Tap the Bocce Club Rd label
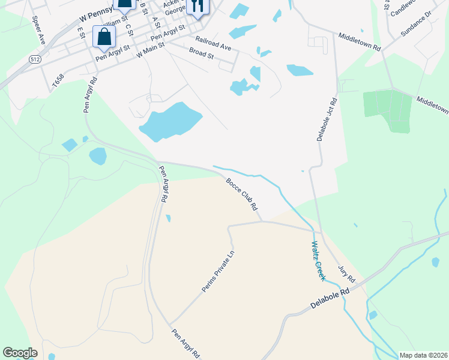click(x=242, y=194)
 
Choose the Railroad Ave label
click(x=213, y=43)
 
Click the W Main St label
click(x=151, y=53)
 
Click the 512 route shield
click(x=34, y=58)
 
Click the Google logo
click(x=20, y=353)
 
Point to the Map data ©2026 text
click(x=423, y=355)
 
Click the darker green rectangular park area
click(x=387, y=111)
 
